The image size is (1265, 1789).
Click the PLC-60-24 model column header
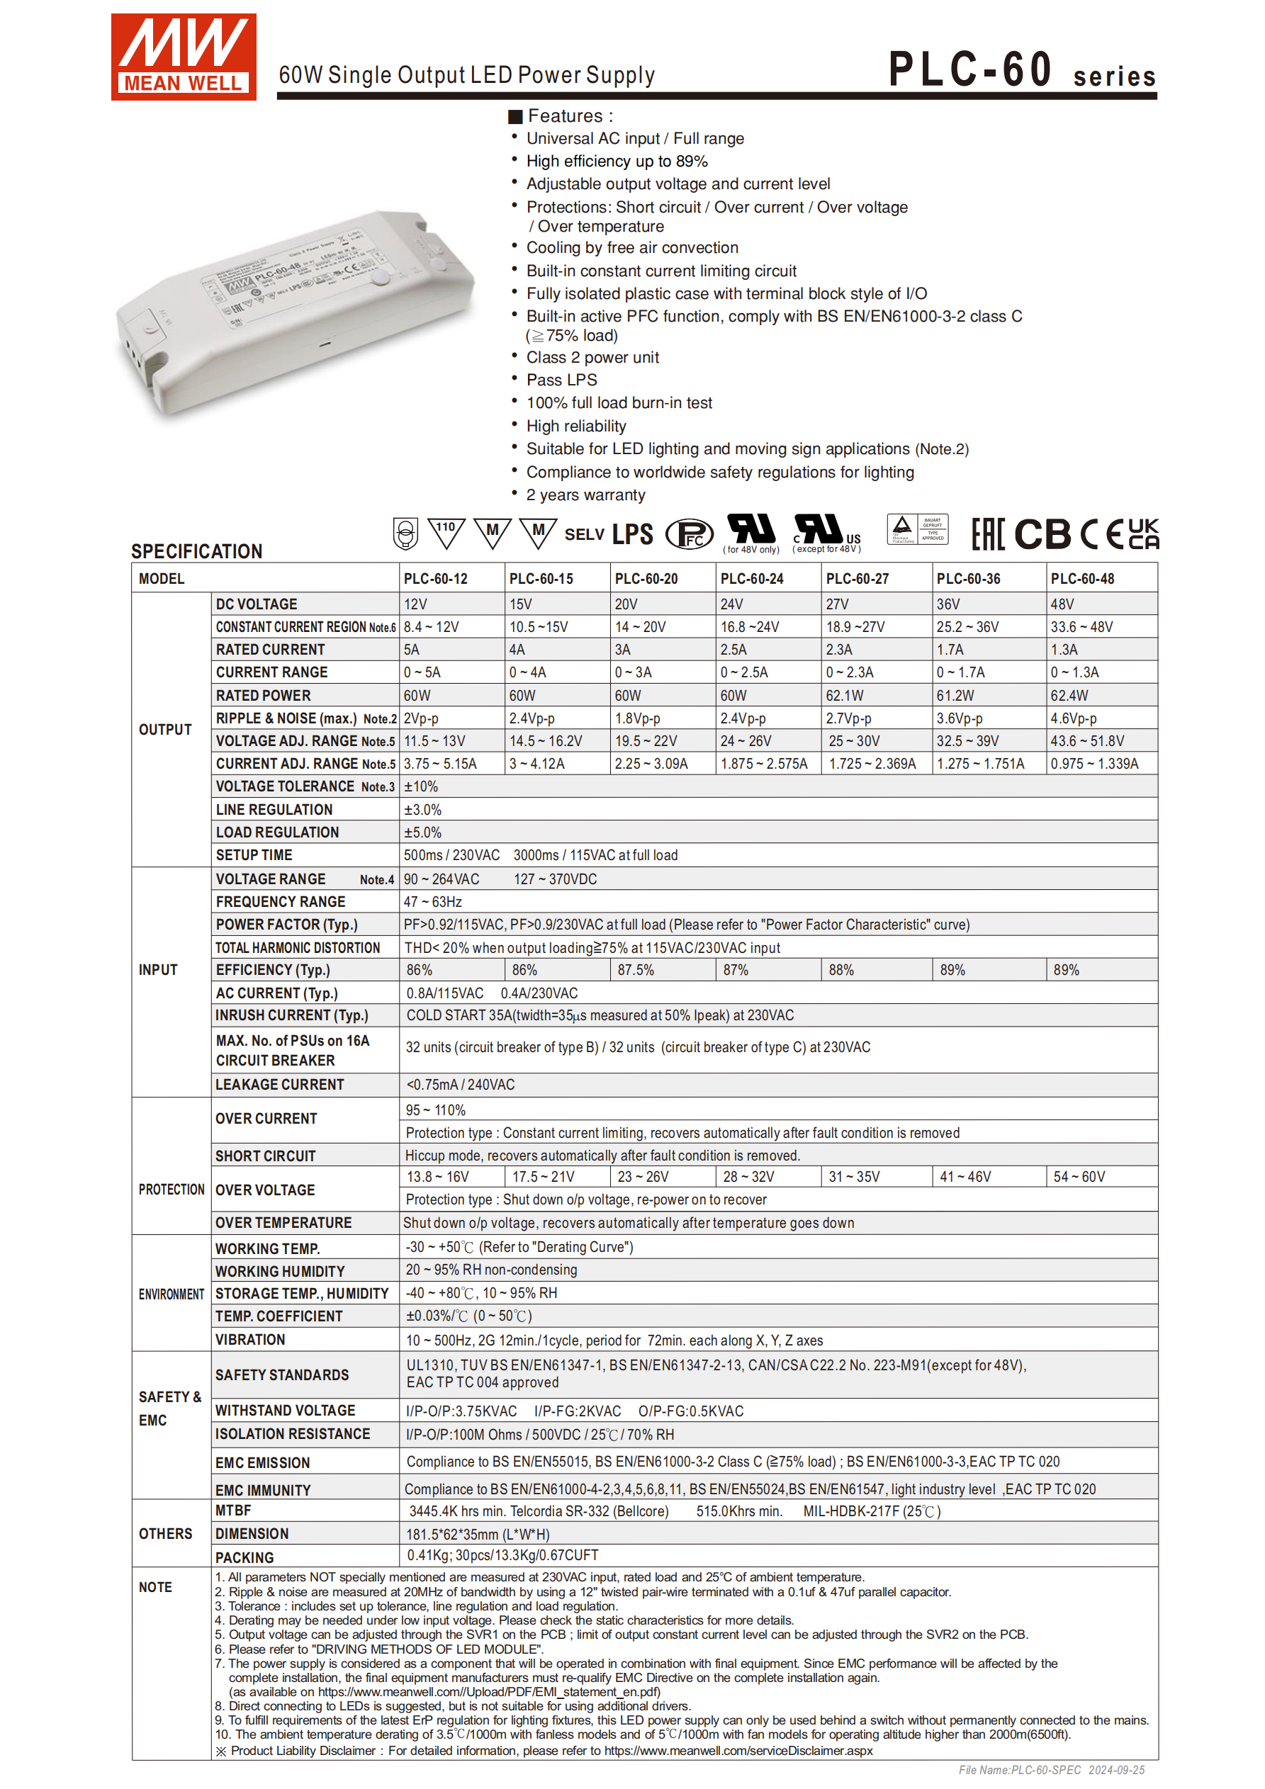tap(751, 579)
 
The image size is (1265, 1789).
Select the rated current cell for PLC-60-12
tap(412, 650)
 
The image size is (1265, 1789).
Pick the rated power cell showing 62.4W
tap(1069, 696)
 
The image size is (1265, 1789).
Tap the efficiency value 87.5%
tap(635, 970)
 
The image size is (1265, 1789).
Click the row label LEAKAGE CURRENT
tap(280, 1085)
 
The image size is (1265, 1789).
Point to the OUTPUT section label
tap(165, 729)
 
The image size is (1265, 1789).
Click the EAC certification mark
tap(987, 534)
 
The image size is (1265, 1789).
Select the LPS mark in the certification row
tap(632, 534)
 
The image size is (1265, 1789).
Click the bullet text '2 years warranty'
tap(585, 495)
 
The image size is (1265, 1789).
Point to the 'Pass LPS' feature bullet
tap(561, 380)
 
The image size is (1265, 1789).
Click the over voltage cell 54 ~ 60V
tap(1079, 1177)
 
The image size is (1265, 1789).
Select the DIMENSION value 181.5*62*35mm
tap(478, 1534)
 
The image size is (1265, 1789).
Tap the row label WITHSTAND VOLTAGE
tap(286, 1411)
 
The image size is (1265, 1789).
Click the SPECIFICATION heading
tap(196, 552)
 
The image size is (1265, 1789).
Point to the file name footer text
tap(1051, 1771)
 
